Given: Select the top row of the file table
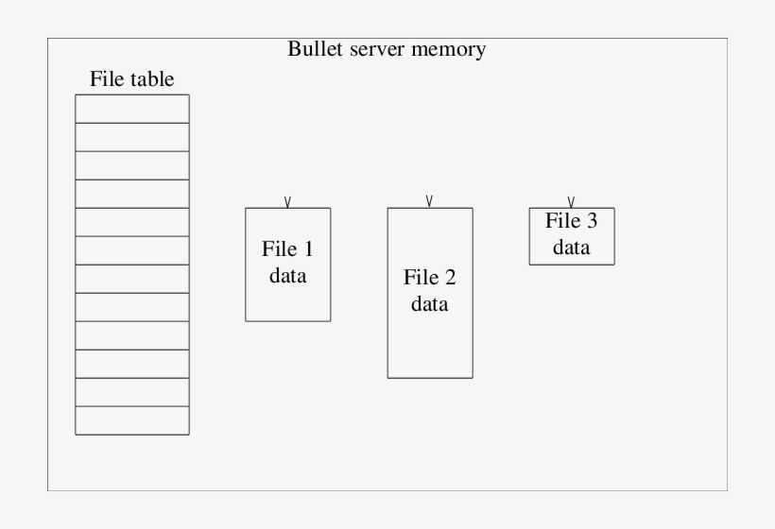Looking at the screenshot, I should click(x=132, y=109).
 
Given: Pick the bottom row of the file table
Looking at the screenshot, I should click(x=132, y=420).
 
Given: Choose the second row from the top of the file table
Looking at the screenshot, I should click(x=132, y=137).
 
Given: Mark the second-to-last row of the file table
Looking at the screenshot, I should click(x=132, y=392).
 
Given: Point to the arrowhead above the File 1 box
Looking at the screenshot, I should click(x=287, y=201).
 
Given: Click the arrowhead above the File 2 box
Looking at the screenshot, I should click(x=429, y=201).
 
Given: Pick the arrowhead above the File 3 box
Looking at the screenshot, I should click(x=571, y=201).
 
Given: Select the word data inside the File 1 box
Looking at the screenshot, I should click(x=288, y=277).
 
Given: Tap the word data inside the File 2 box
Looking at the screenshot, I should click(x=430, y=305).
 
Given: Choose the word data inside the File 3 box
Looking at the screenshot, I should click(x=572, y=247).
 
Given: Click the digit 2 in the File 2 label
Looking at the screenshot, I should click(x=450, y=278).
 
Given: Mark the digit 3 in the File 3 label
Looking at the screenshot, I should click(x=592, y=222).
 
